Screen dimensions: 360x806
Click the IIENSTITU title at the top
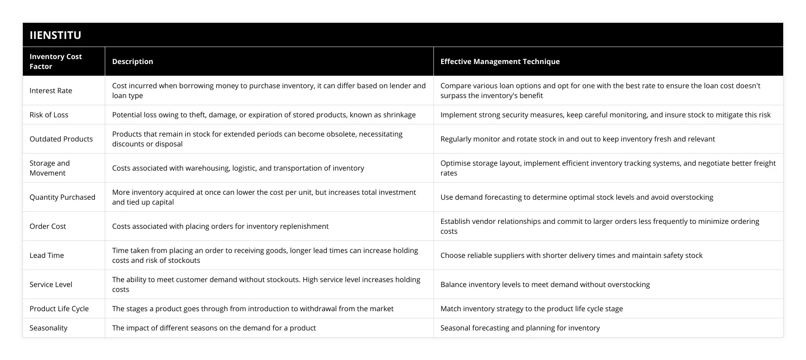click(x=55, y=35)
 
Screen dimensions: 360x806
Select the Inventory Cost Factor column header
click(x=56, y=61)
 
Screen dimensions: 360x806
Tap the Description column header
click(x=133, y=61)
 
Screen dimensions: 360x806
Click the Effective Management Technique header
click(x=500, y=61)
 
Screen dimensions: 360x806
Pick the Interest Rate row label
click(x=51, y=90)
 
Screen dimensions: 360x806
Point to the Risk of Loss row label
click(x=49, y=115)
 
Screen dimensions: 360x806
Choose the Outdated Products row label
click(x=61, y=139)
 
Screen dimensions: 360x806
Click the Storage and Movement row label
click(x=50, y=168)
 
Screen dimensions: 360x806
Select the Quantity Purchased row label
click(x=62, y=197)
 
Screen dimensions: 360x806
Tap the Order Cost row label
click(x=47, y=226)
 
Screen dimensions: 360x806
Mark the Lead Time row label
click(x=47, y=255)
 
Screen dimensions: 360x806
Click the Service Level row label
click(x=51, y=284)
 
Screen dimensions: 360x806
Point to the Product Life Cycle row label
click(x=59, y=309)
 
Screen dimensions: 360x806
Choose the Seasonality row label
click(x=48, y=328)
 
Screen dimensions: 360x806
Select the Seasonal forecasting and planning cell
click(x=520, y=328)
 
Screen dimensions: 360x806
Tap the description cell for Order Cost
click(x=220, y=226)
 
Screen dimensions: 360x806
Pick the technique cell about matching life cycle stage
click(x=532, y=309)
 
